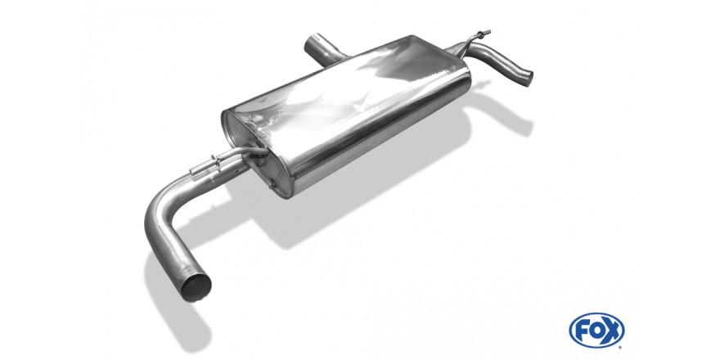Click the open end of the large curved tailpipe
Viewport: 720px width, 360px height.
[x=196, y=287]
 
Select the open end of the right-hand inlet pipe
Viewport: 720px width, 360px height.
[x=528, y=78]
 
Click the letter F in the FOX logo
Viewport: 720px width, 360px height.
[x=582, y=331]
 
